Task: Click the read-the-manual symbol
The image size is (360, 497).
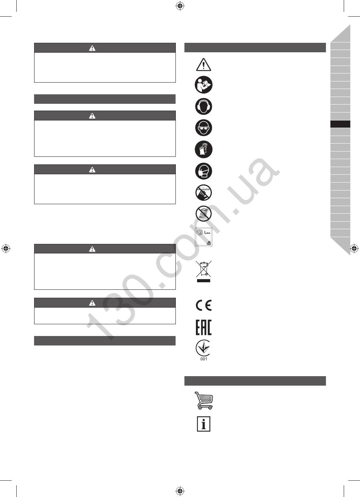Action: coord(203,85)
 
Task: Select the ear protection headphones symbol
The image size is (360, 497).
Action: coord(203,106)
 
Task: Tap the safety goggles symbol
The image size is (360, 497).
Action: coord(203,128)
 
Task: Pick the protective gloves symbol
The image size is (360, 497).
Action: coord(203,149)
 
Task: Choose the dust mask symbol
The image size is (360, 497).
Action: coord(203,171)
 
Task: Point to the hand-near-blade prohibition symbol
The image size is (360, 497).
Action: coord(203,192)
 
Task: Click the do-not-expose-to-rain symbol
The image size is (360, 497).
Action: coord(203,214)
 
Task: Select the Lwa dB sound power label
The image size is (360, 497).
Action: coord(203,237)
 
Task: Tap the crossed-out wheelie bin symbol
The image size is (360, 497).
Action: coord(203,269)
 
